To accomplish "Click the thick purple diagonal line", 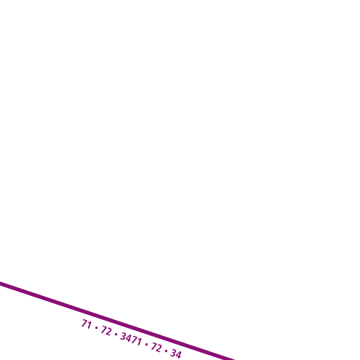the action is tap(117, 321).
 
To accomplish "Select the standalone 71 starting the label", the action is tap(86, 324).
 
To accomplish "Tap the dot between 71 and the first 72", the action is tap(96, 328).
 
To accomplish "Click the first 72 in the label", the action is tap(106, 331).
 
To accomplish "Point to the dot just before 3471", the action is tap(116, 335).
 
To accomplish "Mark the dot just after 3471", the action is tap(147, 345).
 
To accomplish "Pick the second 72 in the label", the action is tap(157, 347).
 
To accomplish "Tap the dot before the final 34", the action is tap(166, 351).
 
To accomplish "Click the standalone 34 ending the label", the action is tap(176, 354).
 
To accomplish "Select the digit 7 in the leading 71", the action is tap(84, 323).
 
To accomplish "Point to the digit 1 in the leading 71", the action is tap(89, 326).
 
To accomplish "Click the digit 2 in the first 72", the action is tap(109, 332).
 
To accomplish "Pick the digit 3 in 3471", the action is tap(123, 337).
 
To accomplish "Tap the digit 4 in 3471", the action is tap(129, 339).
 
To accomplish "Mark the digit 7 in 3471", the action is tap(134, 340).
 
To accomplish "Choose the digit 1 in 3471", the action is tap(139, 342).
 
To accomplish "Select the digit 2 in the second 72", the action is tap(159, 349).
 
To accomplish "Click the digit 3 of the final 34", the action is tap(173, 353).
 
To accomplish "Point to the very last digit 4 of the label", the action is tap(179, 355).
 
